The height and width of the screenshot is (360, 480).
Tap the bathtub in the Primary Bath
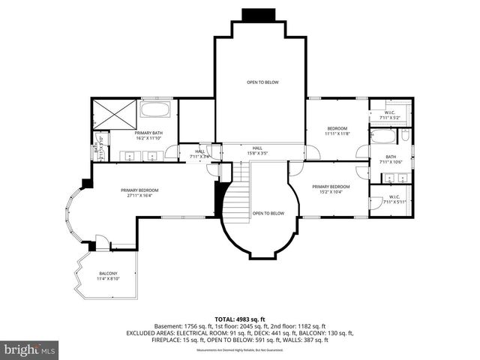click(155, 111)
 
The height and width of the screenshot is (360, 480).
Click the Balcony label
click(107, 276)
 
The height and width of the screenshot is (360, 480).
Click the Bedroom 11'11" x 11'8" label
click(338, 130)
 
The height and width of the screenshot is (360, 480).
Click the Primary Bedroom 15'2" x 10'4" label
click(331, 189)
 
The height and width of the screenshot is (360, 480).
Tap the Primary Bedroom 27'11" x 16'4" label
click(139, 193)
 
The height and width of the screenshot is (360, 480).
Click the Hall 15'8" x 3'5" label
click(257, 150)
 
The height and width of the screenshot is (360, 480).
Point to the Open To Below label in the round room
click(268, 213)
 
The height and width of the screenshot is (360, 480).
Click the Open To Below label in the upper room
click(262, 82)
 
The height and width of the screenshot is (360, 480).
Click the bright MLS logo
click(30, 349)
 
